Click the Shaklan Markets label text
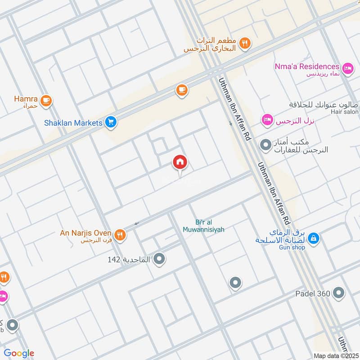click(x=73, y=122)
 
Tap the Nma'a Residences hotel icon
click(x=347, y=68)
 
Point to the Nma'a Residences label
click(x=306, y=67)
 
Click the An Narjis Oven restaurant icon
click(x=119, y=234)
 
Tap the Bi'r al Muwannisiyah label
click(x=203, y=226)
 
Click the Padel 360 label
click(x=313, y=294)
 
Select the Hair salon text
click(x=344, y=112)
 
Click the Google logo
click(x=19, y=353)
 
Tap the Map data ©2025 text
click(x=335, y=355)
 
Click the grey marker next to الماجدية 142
click(x=159, y=259)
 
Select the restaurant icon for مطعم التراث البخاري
click(x=245, y=44)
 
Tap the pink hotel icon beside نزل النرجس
click(x=267, y=120)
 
